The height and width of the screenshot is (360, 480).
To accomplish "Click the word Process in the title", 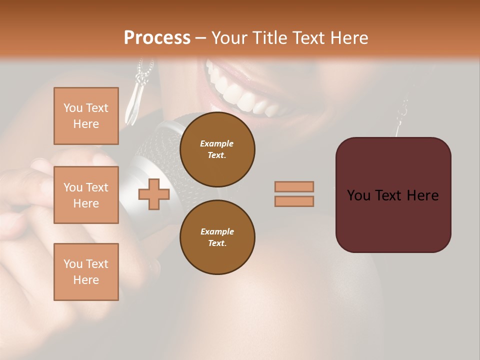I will coord(157,38).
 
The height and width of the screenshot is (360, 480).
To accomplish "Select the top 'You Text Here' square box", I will coord(86,116).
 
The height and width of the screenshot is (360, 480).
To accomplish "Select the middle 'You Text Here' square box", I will coord(86,195).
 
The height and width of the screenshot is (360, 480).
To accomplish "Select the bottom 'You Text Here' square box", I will coord(86,271).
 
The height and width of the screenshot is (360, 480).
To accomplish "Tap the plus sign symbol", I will coord(154,194).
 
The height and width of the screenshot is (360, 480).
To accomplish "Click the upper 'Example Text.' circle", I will coord(217,149).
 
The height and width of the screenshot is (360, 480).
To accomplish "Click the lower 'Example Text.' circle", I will coord(217,237).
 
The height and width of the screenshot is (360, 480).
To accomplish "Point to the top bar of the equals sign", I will coord(294,186).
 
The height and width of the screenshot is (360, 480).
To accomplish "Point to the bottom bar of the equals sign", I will coord(294,201).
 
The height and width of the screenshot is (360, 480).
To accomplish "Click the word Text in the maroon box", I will coord(393,195).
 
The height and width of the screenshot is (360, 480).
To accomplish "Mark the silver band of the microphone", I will coord(131,190).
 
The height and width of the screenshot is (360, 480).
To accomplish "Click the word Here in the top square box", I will coord(86,124).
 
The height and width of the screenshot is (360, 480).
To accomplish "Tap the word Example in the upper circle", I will coord(217,143).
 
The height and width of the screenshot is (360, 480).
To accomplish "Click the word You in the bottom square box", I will coord(72,264).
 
